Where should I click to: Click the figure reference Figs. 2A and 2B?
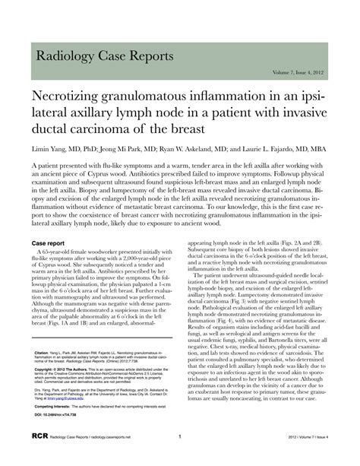coord(300,242)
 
